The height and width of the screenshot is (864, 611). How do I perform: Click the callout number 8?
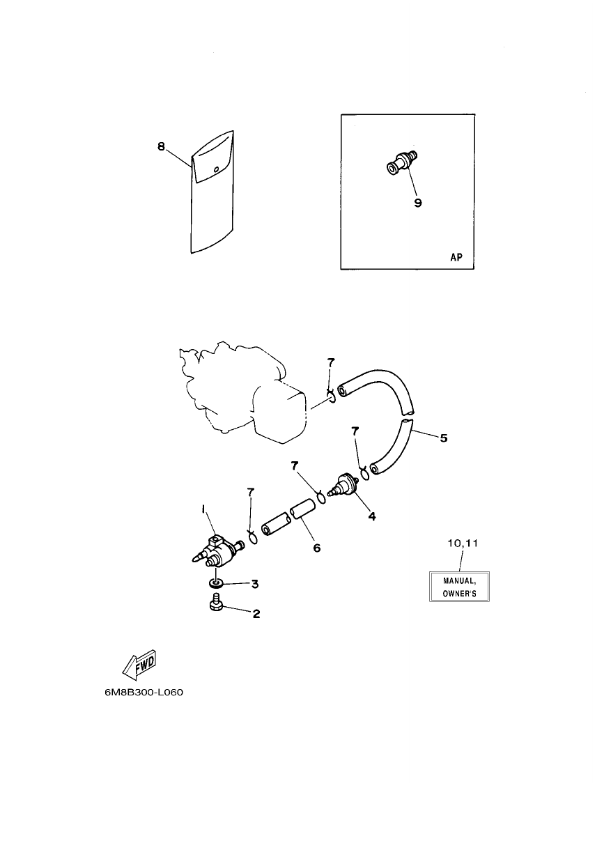point(161,146)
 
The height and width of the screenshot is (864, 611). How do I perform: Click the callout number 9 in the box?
point(418,203)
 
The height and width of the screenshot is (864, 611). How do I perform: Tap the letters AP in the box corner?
point(456,257)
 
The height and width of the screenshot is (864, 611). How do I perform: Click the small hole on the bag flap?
point(217,169)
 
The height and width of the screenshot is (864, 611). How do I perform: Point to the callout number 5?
point(444,438)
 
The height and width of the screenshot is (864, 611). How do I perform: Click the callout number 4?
point(372,516)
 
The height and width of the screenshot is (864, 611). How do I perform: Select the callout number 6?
point(317,548)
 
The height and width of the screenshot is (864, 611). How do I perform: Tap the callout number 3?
point(255,584)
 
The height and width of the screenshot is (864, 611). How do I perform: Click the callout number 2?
point(256,614)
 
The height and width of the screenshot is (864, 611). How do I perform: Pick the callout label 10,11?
point(463,543)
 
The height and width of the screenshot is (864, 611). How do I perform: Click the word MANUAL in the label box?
point(459,581)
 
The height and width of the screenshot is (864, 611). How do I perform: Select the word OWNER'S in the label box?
point(459,594)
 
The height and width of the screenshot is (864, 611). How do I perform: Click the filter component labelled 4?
point(344,485)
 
